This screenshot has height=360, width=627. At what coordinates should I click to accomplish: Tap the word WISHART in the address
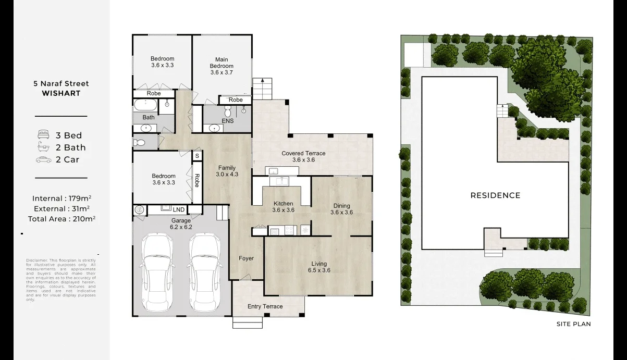tap(62, 94)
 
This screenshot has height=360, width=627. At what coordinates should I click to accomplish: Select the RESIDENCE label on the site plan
tap(495, 196)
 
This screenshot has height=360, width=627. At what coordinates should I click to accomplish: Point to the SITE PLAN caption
tap(573, 324)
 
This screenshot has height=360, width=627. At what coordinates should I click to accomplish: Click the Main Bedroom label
tap(222, 63)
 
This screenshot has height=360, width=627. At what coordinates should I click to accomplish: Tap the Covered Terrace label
tap(303, 153)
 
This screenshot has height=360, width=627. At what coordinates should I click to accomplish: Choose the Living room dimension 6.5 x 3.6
tap(319, 270)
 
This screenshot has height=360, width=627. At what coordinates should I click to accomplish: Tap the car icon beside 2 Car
tap(43, 160)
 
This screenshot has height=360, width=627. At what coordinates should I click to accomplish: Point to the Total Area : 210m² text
tap(62, 219)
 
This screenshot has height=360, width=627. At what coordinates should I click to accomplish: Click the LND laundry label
tap(179, 210)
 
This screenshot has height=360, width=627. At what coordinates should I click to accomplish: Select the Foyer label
tap(246, 258)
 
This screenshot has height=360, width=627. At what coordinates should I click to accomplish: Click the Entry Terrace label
tap(265, 306)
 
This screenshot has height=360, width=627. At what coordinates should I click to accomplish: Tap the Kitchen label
tap(283, 204)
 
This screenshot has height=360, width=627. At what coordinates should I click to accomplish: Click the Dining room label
tap(341, 206)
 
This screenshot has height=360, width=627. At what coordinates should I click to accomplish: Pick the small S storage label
tap(197, 156)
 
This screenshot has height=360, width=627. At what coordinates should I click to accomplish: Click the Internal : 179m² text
tap(62, 198)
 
